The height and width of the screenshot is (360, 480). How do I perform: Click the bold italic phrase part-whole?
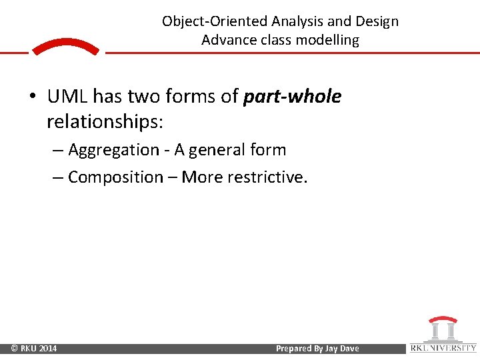[x=292, y=97]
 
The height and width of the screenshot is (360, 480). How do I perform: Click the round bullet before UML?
[x=33, y=98]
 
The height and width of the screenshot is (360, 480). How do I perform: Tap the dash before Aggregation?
[x=57, y=151]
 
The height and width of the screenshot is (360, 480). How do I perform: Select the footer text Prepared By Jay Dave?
[x=317, y=349]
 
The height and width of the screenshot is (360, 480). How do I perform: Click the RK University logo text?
[x=443, y=347]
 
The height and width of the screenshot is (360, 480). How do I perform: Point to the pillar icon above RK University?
[x=443, y=329]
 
